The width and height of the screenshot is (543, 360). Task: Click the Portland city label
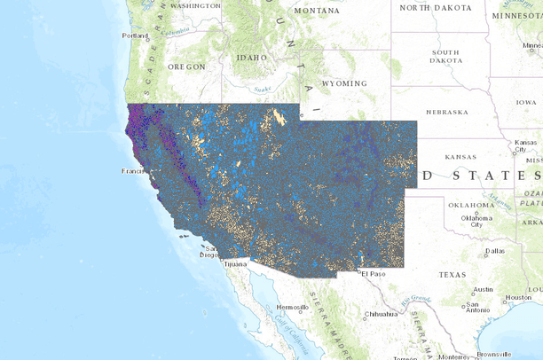[x=136, y=35]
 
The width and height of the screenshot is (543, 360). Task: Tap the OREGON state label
[x=186, y=67]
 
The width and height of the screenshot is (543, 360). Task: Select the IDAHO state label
[x=250, y=57]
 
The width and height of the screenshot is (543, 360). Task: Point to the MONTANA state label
[x=316, y=11]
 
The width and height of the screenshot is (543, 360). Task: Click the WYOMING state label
[x=343, y=83]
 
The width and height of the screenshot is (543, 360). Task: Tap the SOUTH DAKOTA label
[x=445, y=57]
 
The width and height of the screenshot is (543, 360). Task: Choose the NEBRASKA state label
[x=446, y=112]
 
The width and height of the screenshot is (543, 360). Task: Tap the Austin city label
[x=484, y=289]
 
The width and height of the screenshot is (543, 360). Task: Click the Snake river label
[x=262, y=88]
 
